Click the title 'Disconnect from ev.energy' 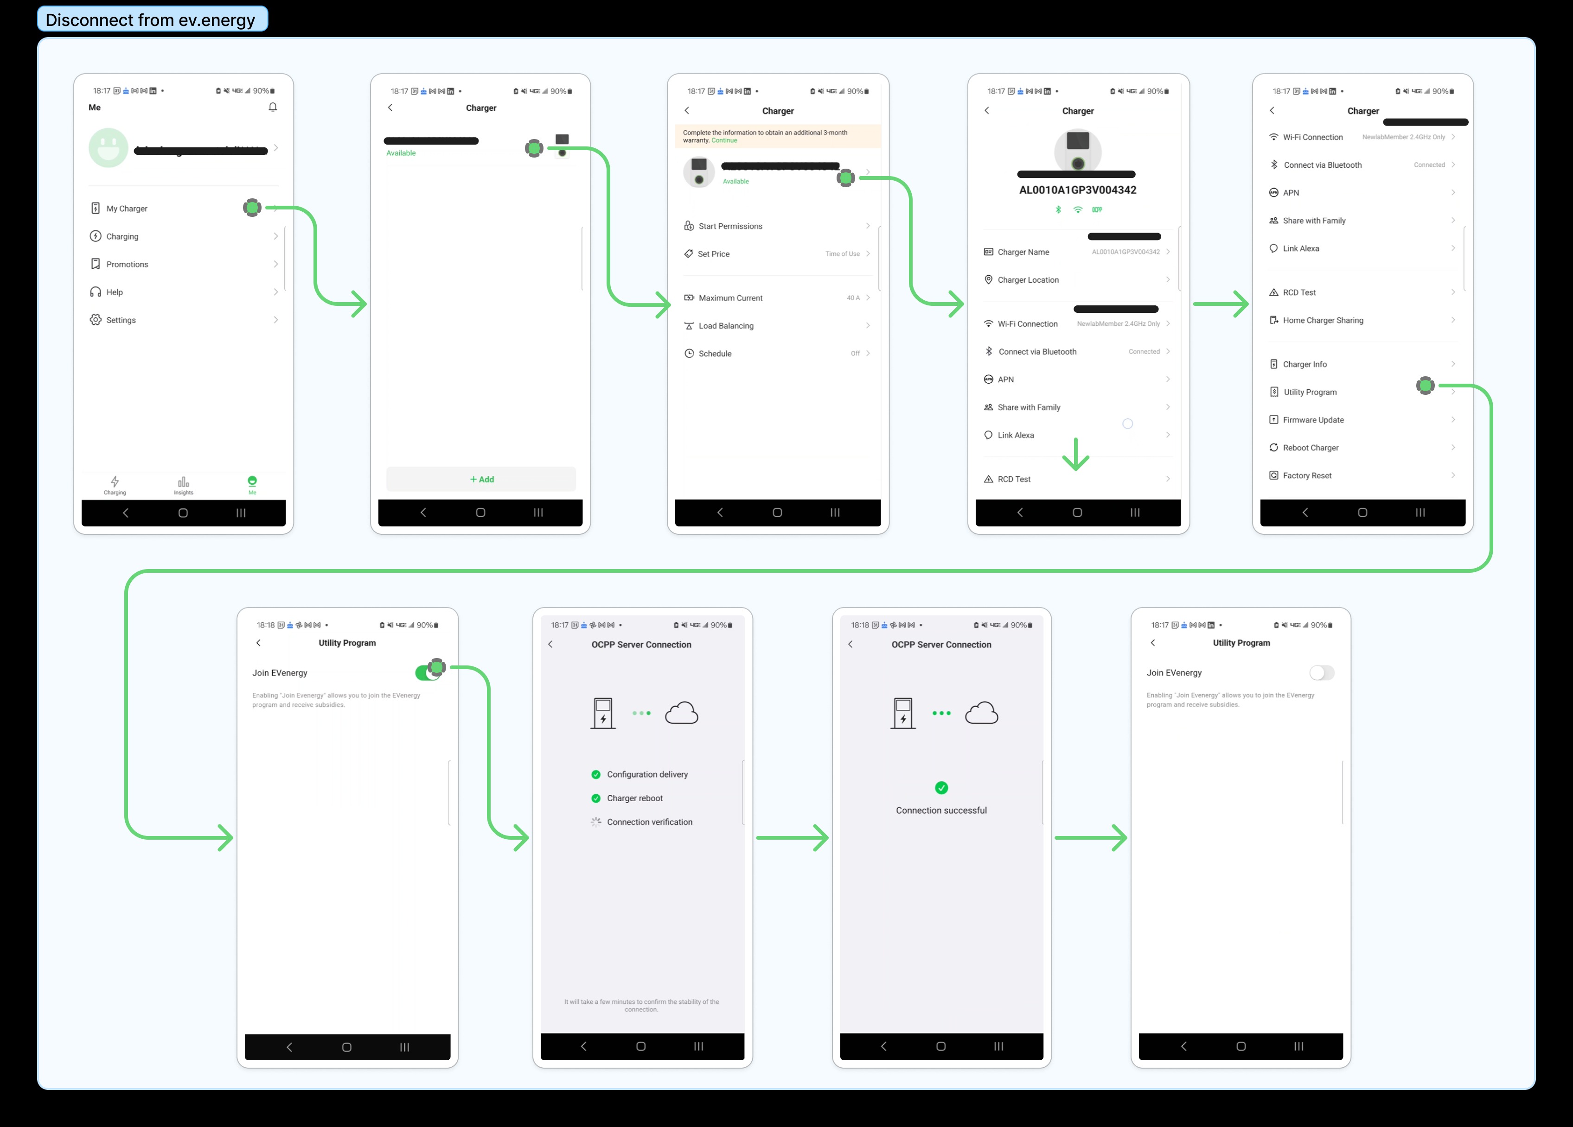151,19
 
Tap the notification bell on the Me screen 273,108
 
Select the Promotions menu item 127,265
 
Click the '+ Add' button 481,480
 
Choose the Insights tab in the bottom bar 183,484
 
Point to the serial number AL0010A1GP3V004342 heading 1077,190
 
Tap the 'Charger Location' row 1028,280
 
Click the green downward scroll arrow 1076,455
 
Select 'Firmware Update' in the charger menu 1313,420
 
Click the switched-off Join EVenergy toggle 1321,673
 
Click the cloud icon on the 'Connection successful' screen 981,713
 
